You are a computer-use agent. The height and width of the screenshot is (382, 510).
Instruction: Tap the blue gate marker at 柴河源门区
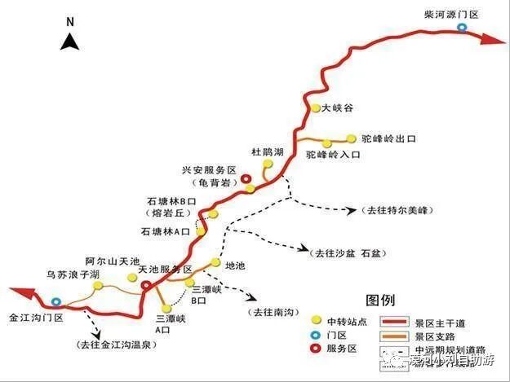pyautogui.click(x=463, y=28)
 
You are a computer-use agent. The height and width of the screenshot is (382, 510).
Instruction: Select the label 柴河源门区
pyautogui.click(x=451, y=14)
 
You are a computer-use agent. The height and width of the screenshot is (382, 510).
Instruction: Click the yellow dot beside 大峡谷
pyautogui.click(x=315, y=108)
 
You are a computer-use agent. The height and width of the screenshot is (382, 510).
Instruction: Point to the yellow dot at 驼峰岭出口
pyautogui.click(x=352, y=138)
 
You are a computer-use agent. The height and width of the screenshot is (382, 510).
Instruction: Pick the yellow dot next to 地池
pyautogui.click(x=215, y=263)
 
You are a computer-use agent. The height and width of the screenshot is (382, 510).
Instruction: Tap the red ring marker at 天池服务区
pyautogui.click(x=146, y=285)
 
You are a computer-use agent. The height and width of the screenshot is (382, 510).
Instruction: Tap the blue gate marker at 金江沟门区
pyautogui.click(x=54, y=301)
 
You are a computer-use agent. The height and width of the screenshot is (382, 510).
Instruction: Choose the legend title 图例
pyautogui.click(x=382, y=299)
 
